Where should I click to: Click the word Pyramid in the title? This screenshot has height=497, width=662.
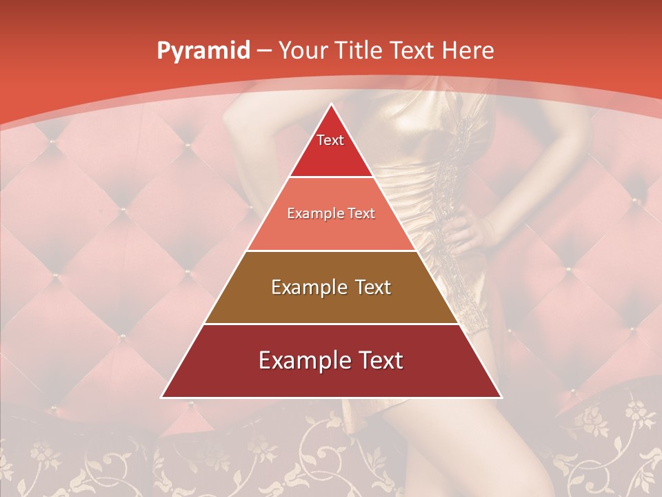tap(203, 50)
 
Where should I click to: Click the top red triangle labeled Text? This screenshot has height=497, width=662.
tap(331, 148)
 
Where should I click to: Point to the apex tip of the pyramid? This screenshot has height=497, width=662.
tap(331, 106)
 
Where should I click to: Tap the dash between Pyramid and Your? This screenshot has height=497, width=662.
tap(264, 51)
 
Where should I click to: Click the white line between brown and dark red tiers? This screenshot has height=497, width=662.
tap(331, 324)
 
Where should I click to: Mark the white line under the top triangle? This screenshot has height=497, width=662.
tap(331, 177)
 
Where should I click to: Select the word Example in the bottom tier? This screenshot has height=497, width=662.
tap(297, 360)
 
